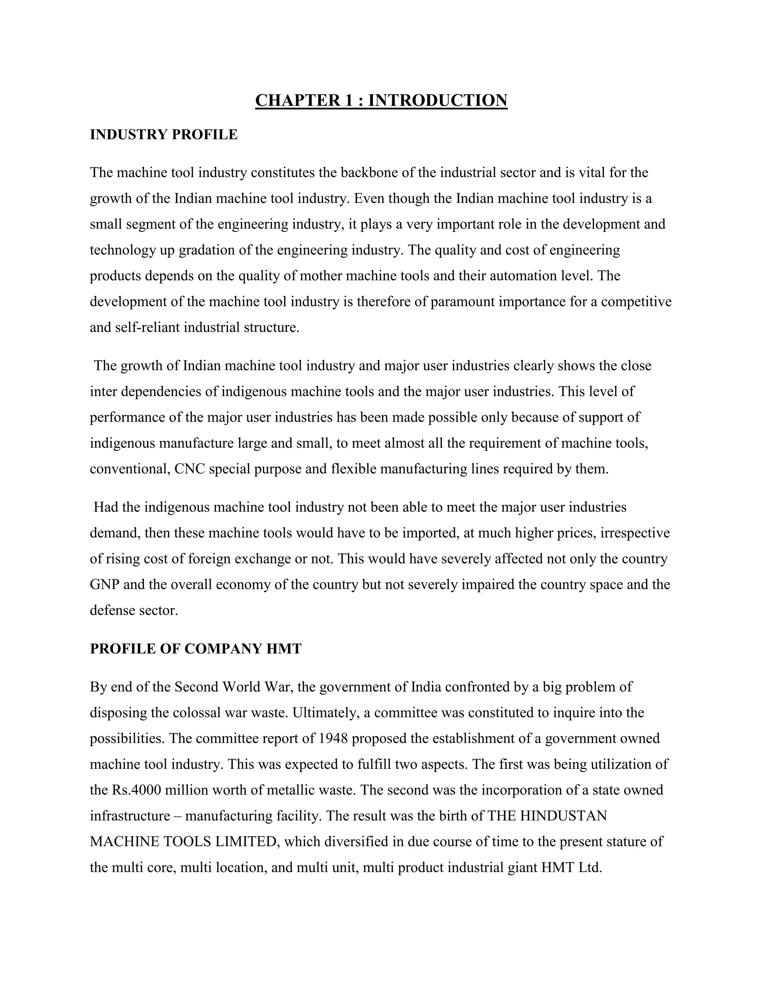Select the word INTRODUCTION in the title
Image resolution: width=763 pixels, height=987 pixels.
(x=437, y=100)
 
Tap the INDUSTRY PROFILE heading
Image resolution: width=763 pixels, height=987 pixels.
(x=164, y=135)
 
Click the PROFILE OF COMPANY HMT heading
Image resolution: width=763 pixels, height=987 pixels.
(x=196, y=649)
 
